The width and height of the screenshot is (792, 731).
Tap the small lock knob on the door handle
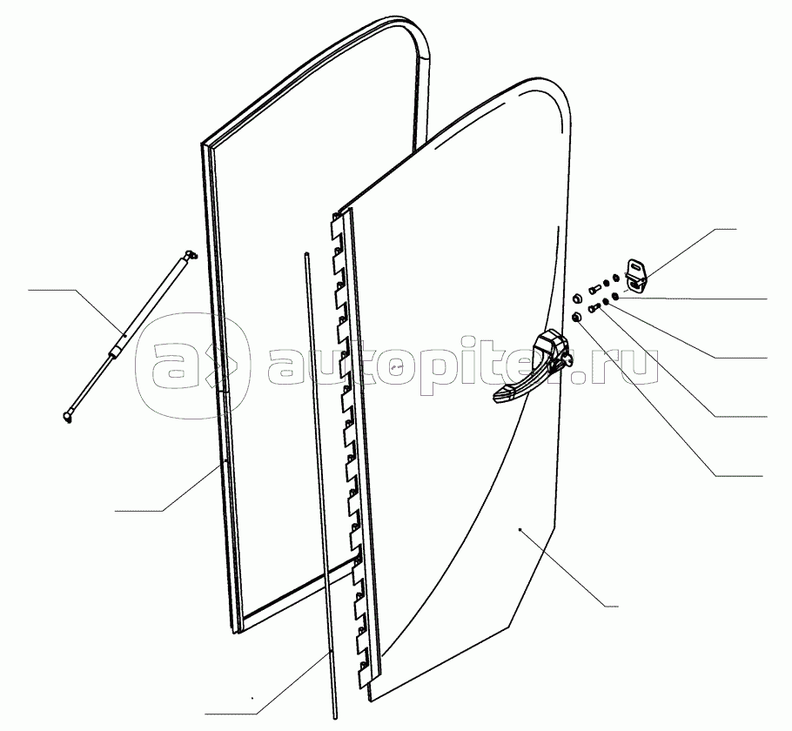pyautogui.click(x=567, y=357)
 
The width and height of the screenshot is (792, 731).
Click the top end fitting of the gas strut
pyautogui.click(x=190, y=254)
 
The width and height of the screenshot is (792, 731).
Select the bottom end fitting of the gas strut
pyautogui.click(x=68, y=419)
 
